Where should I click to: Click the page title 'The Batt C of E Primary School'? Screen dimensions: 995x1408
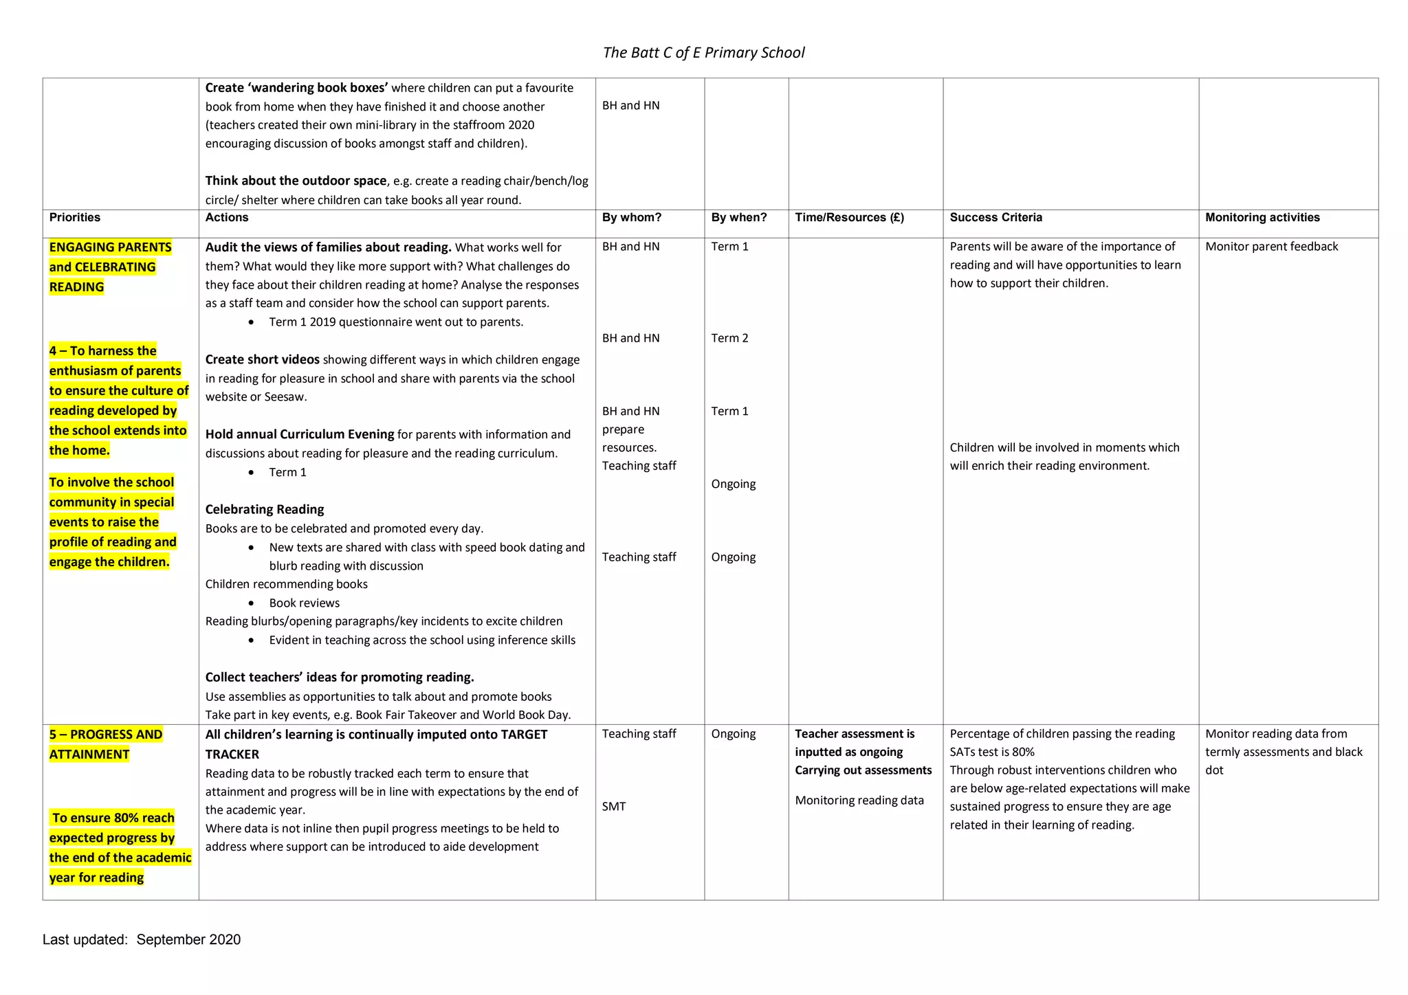(x=703, y=53)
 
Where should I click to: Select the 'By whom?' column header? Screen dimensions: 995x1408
(x=631, y=218)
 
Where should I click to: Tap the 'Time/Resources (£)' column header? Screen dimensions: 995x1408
(x=849, y=218)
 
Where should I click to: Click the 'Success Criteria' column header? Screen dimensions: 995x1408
(x=995, y=218)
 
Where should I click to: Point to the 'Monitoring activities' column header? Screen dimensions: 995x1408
(x=1262, y=218)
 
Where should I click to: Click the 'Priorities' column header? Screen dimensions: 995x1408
(x=74, y=218)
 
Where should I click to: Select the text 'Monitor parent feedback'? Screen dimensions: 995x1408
(x=1271, y=247)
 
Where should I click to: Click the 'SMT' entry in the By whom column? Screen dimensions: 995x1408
(x=614, y=807)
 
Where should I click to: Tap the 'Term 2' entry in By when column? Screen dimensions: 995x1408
(x=729, y=338)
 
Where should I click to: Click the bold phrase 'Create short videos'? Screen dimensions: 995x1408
(x=262, y=359)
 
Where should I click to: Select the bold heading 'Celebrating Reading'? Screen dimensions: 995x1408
(x=265, y=509)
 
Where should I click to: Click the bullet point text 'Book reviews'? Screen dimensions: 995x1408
(x=304, y=603)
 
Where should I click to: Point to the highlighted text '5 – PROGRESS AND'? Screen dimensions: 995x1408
(x=106, y=734)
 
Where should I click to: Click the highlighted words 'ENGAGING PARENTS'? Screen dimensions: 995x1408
(x=110, y=247)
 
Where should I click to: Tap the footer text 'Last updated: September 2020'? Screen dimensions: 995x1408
(x=142, y=939)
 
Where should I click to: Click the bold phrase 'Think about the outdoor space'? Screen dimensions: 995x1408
(x=296, y=181)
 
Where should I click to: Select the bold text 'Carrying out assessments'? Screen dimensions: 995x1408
(x=863, y=770)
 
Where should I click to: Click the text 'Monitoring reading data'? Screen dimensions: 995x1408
(x=859, y=801)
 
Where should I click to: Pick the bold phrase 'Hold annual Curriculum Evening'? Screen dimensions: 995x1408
(x=299, y=434)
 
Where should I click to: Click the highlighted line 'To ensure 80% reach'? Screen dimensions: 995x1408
(x=113, y=818)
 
